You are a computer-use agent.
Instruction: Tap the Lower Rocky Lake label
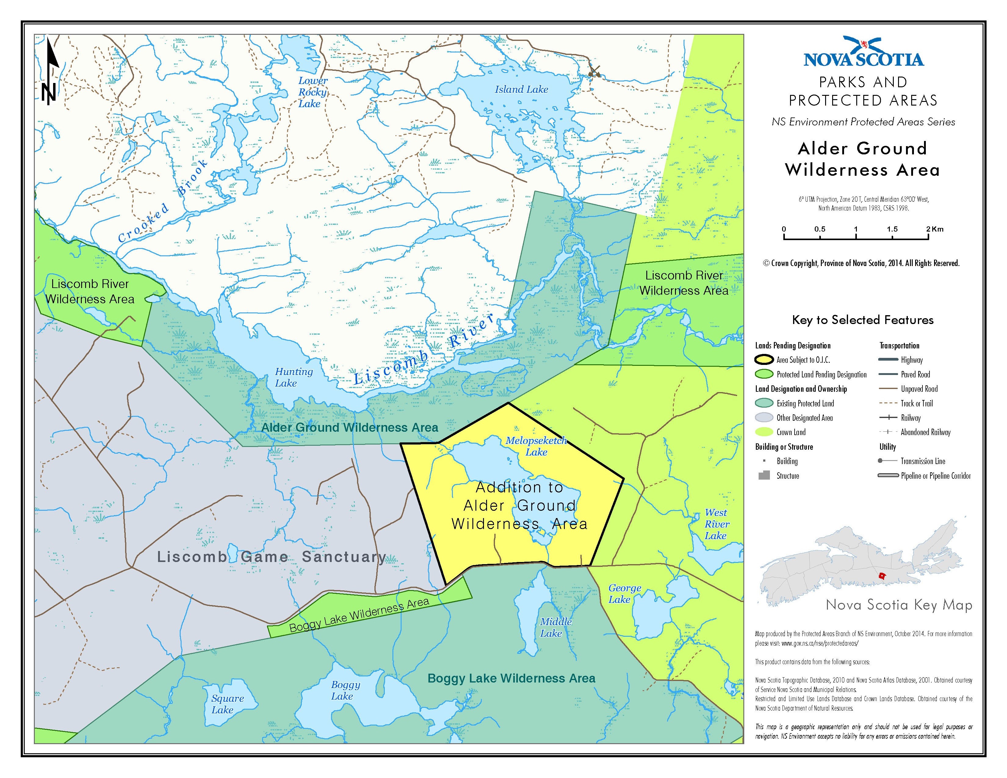point(312,92)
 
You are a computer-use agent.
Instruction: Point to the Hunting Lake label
point(293,377)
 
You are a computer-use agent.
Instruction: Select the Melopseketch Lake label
point(536,446)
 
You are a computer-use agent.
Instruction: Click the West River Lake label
point(716,524)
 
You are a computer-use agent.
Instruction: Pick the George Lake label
point(624,594)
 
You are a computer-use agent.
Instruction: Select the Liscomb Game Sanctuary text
point(272,557)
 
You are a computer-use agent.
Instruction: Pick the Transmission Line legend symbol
point(888,461)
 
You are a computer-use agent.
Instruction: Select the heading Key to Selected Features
point(862,320)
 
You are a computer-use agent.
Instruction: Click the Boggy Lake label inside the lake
point(345,690)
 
